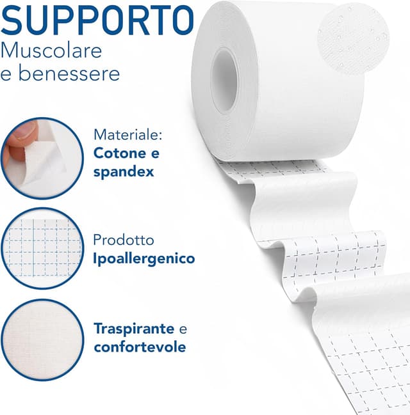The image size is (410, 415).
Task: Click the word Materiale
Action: coord(129,135)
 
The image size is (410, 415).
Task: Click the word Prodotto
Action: coord(124,240)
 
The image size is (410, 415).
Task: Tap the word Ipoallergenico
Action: coord(144,259)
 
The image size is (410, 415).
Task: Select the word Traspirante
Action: coord(134,329)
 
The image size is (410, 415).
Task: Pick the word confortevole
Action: coord(140,347)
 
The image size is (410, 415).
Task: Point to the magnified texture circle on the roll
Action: coord(352,33)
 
